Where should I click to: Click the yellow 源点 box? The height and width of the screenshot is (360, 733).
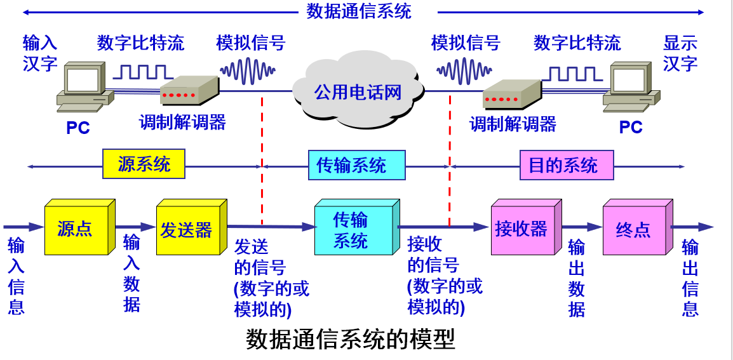76,229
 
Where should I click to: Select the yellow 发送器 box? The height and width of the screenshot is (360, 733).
187,229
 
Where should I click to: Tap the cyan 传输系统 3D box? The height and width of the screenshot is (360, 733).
353,229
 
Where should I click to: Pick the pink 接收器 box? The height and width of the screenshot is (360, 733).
523,229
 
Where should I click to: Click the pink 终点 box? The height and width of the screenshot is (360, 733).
634,229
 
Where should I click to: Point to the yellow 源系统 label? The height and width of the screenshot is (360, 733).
144,164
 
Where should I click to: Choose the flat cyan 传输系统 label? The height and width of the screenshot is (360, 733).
351,165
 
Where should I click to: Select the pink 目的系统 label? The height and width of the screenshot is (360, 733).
563,165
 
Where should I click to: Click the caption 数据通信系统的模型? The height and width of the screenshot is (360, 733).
351,340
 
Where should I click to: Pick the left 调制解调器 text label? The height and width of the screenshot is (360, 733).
182,122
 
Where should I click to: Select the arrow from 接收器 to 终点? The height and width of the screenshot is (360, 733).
582,227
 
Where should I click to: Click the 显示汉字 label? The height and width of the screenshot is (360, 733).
680,53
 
